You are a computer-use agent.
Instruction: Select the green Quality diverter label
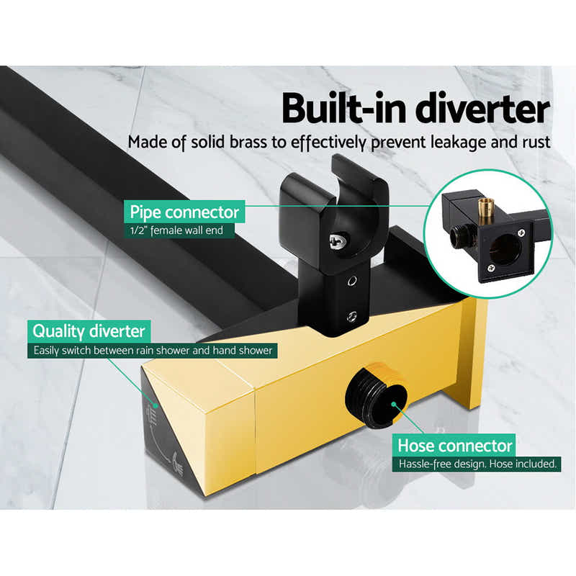click(x=89, y=332)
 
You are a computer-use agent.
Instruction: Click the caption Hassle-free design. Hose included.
click(x=478, y=464)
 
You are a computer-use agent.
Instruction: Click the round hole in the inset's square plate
click(x=506, y=249)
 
